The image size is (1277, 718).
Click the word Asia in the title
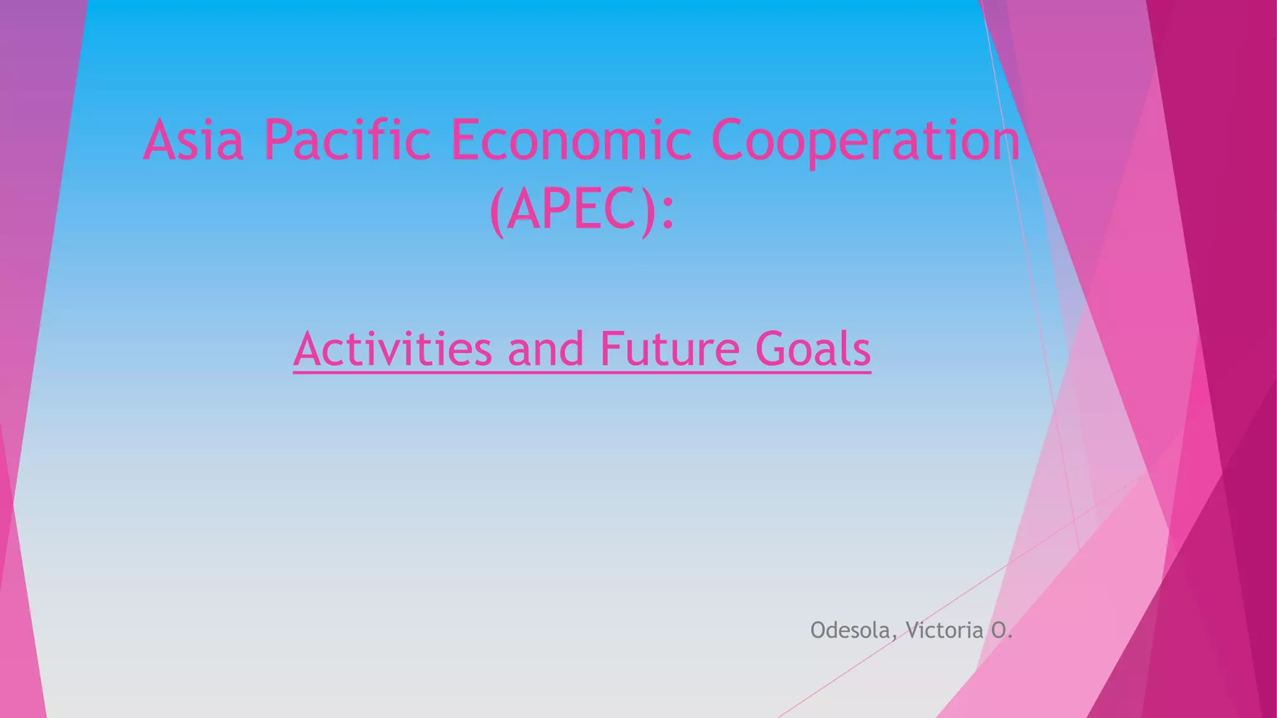click(193, 140)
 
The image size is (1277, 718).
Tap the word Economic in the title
click(571, 140)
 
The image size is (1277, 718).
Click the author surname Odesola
click(851, 630)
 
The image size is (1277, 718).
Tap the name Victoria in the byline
click(945, 630)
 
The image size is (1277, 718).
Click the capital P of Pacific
click(278, 140)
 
